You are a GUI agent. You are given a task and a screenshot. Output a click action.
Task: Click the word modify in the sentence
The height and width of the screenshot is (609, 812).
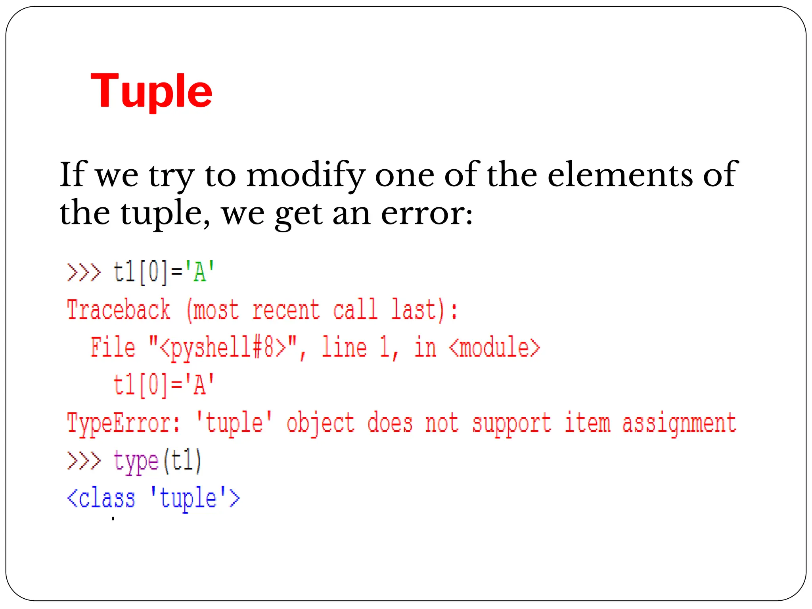tap(305, 175)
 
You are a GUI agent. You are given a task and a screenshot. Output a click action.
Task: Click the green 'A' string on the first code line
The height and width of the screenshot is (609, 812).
tap(199, 272)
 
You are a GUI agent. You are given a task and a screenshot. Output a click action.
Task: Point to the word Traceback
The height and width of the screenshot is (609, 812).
tap(119, 310)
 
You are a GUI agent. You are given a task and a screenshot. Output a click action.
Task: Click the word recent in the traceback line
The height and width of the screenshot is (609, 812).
tap(286, 310)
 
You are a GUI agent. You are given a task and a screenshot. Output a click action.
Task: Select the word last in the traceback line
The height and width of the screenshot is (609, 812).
tap(414, 310)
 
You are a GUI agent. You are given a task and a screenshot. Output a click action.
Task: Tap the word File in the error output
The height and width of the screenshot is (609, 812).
tap(113, 347)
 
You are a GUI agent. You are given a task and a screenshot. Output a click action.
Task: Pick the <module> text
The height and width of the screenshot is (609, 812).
tap(495, 347)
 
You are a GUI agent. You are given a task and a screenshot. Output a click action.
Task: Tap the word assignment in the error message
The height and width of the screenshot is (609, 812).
tap(679, 423)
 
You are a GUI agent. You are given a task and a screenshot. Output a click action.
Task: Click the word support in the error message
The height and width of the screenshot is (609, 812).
tap(511, 423)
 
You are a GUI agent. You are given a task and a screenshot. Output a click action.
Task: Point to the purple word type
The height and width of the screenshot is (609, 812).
tap(136, 462)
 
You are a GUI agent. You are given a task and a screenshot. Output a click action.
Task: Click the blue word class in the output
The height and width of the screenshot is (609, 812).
tap(107, 499)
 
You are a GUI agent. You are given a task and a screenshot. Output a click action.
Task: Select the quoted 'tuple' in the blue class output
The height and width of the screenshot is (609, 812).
tap(188, 499)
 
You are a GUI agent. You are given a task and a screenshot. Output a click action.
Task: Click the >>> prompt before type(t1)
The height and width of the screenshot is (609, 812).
tap(84, 461)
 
